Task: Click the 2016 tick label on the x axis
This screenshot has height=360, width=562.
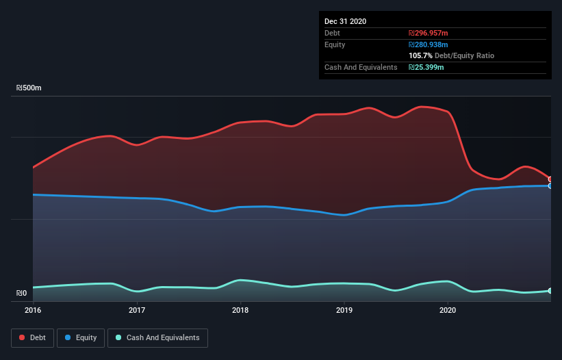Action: [x=33, y=310]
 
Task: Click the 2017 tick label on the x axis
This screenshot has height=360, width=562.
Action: [x=137, y=310]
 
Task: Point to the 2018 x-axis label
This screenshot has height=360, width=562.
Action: [x=240, y=310]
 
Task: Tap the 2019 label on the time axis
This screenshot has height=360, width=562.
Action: [x=344, y=310]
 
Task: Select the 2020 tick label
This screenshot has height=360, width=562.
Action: [x=447, y=310]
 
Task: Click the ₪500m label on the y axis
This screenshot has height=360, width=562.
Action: [x=29, y=88]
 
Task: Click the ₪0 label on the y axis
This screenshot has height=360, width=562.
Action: [x=22, y=294]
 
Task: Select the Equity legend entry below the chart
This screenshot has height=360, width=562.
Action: [x=80, y=337]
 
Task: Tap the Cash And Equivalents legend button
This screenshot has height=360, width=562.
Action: [x=157, y=337]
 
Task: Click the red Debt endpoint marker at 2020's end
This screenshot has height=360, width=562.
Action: [x=550, y=179]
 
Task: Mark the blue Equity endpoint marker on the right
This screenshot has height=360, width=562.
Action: [x=550, y=185]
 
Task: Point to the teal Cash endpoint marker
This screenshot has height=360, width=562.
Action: [x=550, y=291]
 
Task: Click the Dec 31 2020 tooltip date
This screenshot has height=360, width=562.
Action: [x=345, y=21]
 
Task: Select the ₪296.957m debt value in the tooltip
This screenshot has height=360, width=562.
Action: [x=429, y=33]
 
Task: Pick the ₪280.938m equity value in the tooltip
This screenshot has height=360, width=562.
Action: [x=429, y=44]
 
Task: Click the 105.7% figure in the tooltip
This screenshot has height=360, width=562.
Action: [x=420, y=55]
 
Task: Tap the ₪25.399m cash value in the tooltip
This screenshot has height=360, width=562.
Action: [x=426, y=67]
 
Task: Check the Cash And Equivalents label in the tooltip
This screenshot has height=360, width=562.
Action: [x=361, y=67]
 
